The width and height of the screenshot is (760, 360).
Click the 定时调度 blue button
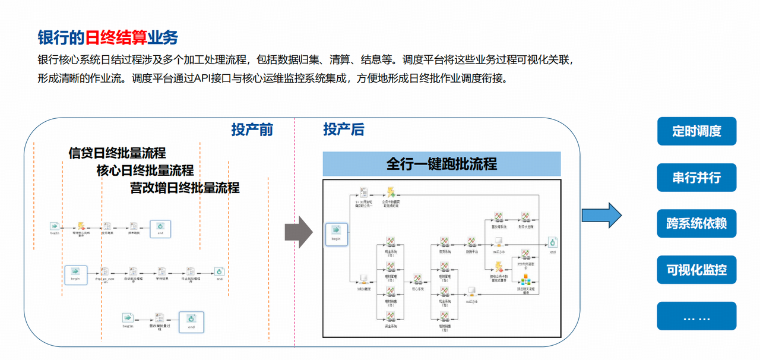pyautogui.click(x=696, y=131)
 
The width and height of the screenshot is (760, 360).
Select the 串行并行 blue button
pyautogui.click(x=696, y=178)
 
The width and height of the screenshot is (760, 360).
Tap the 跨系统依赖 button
pyautogui.click(x=696, y=224)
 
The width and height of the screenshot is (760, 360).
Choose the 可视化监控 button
pyautogui.click(x=696, y=270)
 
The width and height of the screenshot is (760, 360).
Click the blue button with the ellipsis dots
pyautogui.click(x=696, y=317)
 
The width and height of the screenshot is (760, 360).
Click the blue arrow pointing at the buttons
pyautogui.click(x=601, y=215)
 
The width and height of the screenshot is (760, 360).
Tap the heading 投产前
pyautogui.click(x=252, y=130)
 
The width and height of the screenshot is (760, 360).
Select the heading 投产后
pyautogui.click(x=344, y=130)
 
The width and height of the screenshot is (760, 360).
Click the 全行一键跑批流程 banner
pyautogui.click(x=441, y=164)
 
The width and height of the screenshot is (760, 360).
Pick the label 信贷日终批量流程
pyautogui.click(x=117, y=153)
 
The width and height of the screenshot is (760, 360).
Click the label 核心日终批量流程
pyautogui.click(x=145, y=170)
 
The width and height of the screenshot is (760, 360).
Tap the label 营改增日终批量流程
pyautogui.click(x=185, y=188)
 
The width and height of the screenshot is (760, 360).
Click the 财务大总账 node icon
pyautogui.click(x=525, y=217)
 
